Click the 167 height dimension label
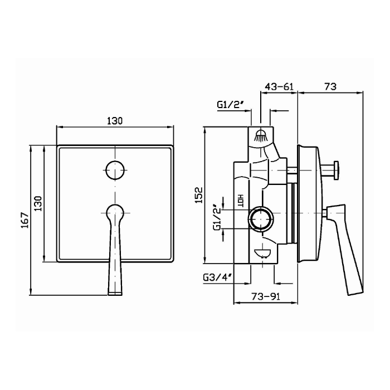click(x=25, y=220)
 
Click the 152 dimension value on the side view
click(x=199, y=195)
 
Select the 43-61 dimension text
click(x=279, y=87)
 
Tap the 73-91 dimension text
click(x=266, y=296)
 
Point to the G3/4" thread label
click(x=218, y=277)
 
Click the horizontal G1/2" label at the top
click(x=230, y=105)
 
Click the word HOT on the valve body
click(x=241, y=201)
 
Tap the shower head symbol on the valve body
click(x=260, y=136)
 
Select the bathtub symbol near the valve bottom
click(x=262, y=253)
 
